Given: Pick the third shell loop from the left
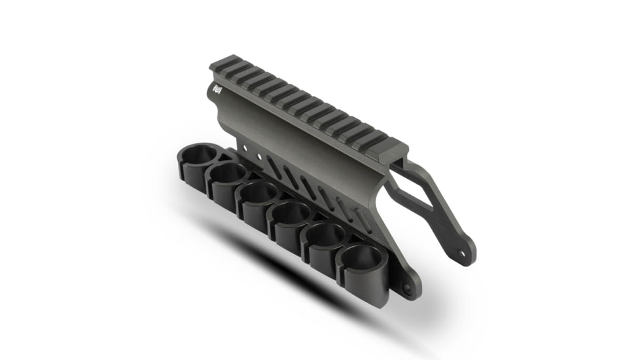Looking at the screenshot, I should (x=258, y=192).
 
